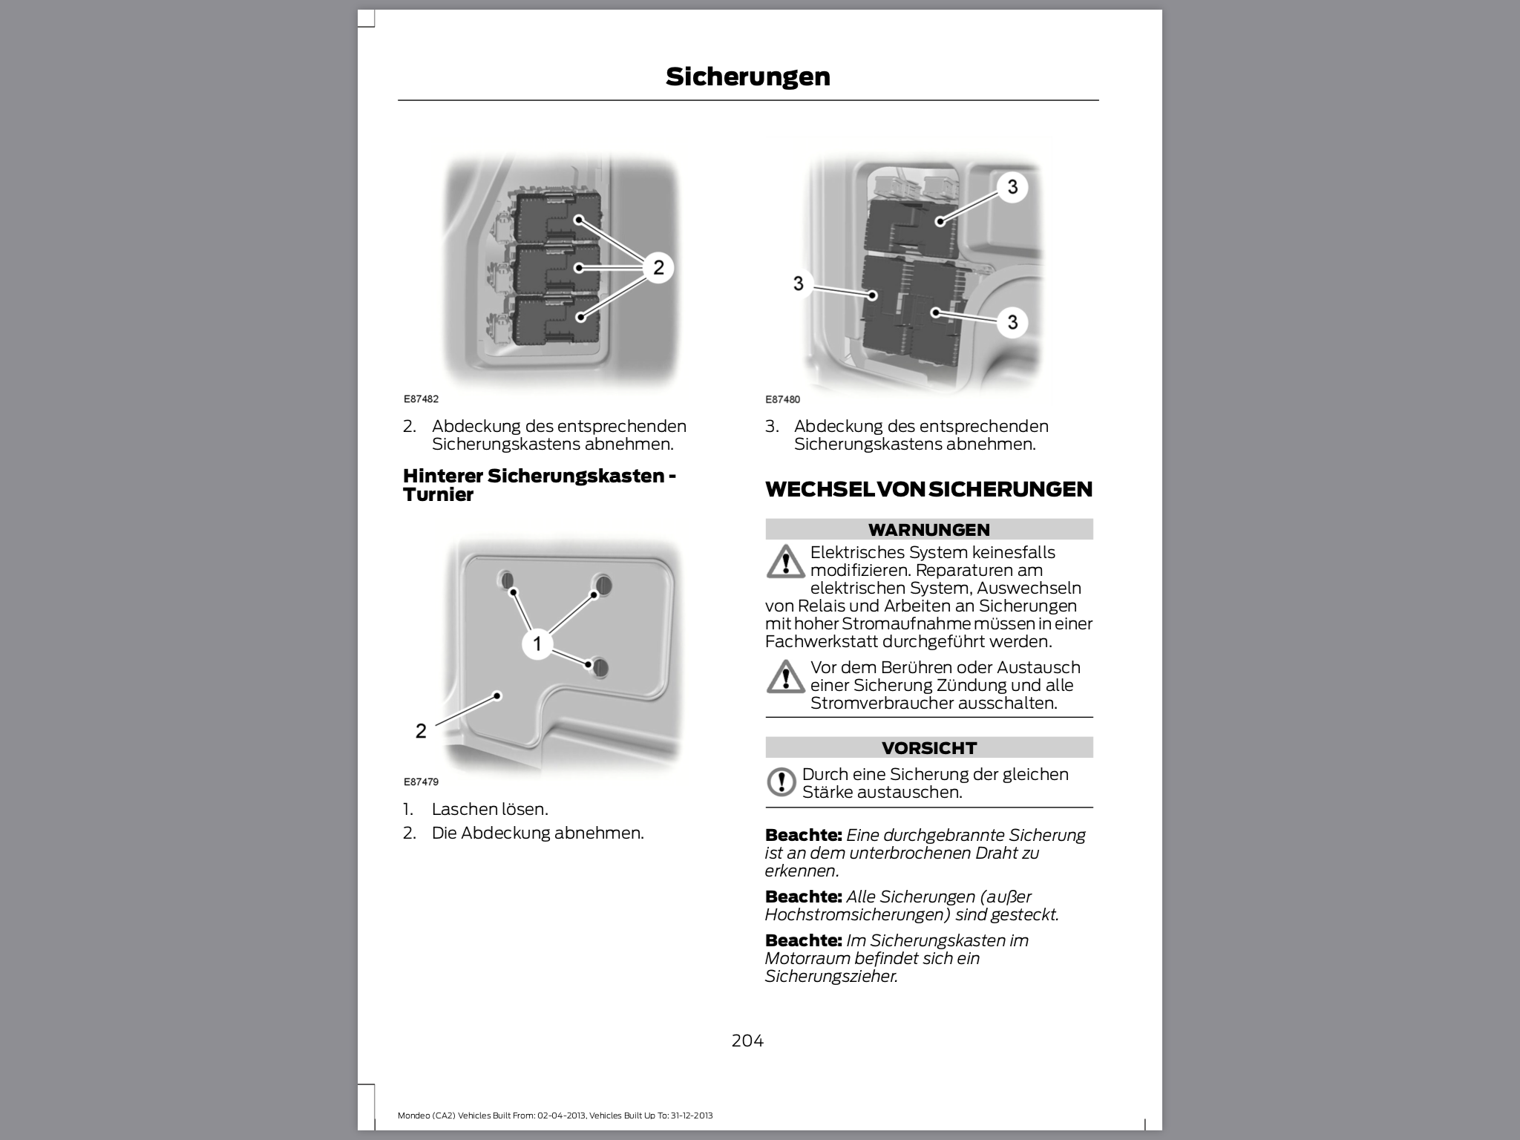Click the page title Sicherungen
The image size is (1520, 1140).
click(747, 76)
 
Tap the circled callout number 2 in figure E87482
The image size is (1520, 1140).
click(658, 267)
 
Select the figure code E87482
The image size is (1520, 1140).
click(421, 399)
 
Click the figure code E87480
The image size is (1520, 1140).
click(782, 399)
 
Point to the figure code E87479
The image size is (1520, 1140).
click(421, 782)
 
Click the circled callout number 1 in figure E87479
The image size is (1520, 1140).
click(537, 643)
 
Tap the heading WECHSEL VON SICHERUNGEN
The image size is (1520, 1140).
click(928, 489)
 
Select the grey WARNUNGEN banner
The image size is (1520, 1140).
click(928, 529)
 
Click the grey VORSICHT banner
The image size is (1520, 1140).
click(928, 747)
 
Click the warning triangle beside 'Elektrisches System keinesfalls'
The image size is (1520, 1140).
click(784, 562)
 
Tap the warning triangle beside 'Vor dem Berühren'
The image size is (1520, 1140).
click(784, 676)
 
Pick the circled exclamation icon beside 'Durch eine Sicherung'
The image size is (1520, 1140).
click(781, 782)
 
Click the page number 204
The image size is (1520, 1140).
click(747, 1041)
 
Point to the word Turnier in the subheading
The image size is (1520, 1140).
click(438, 495)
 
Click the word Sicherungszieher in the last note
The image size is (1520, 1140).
click(831, 976)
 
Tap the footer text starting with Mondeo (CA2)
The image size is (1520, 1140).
click(555, 1116)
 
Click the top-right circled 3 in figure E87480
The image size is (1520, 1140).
click(1012, 186)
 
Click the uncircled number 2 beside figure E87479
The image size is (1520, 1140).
click(421, 731)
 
